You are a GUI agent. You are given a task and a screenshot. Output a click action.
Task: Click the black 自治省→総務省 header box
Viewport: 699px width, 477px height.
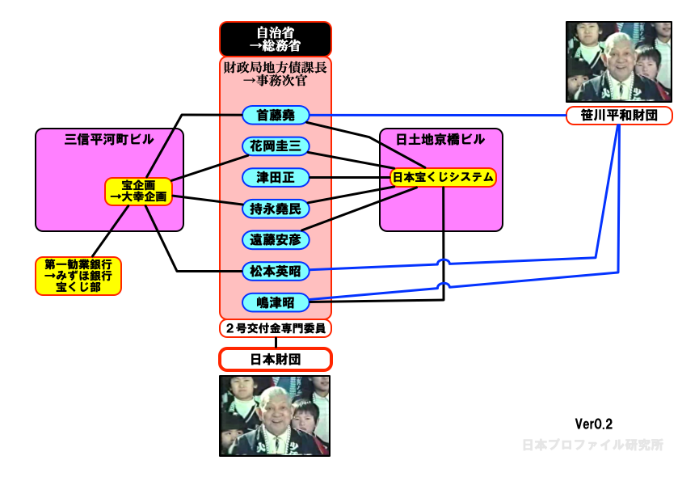coord(276,39)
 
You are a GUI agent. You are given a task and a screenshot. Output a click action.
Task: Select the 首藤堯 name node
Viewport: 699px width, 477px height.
coord(276,116)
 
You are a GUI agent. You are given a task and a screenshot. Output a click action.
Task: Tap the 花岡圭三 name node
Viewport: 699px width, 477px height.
coord(276,146)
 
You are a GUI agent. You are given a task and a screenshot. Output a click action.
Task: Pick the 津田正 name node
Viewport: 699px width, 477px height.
coord(276,177)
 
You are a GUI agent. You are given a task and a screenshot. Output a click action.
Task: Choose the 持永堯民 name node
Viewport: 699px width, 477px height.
coord(276,209)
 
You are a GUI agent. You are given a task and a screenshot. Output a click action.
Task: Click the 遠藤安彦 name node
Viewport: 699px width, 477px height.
coord(276,240)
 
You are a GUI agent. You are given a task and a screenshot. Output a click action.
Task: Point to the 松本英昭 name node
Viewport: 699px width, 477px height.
coord(276,271)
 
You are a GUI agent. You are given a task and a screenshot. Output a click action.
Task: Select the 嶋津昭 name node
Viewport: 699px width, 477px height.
coord(276,302)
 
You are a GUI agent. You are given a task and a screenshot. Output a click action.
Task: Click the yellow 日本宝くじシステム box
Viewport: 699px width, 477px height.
coord(443,176)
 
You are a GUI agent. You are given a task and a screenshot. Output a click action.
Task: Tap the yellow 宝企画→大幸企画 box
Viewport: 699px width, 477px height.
coord(138,191)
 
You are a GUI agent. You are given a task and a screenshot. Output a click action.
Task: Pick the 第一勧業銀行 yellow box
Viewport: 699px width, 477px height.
coord(78,276)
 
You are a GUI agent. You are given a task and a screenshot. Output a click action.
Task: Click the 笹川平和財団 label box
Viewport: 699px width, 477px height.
coord(619,116)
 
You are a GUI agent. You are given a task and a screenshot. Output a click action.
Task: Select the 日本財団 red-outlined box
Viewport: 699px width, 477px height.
coord(276,359)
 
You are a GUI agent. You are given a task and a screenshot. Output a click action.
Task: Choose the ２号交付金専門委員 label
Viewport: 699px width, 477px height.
coord(276,328)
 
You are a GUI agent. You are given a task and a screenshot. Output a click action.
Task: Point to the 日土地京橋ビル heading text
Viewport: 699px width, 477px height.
coord(441,139)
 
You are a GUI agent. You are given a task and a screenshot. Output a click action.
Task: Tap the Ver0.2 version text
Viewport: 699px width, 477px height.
coord(594,424)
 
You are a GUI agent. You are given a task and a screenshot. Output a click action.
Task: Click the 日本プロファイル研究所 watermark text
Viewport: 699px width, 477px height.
coord(592,445)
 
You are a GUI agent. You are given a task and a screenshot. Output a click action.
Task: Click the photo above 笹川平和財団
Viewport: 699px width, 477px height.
coord(619,61)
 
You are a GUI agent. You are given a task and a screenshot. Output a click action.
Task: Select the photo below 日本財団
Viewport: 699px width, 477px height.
coord(276,415)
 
